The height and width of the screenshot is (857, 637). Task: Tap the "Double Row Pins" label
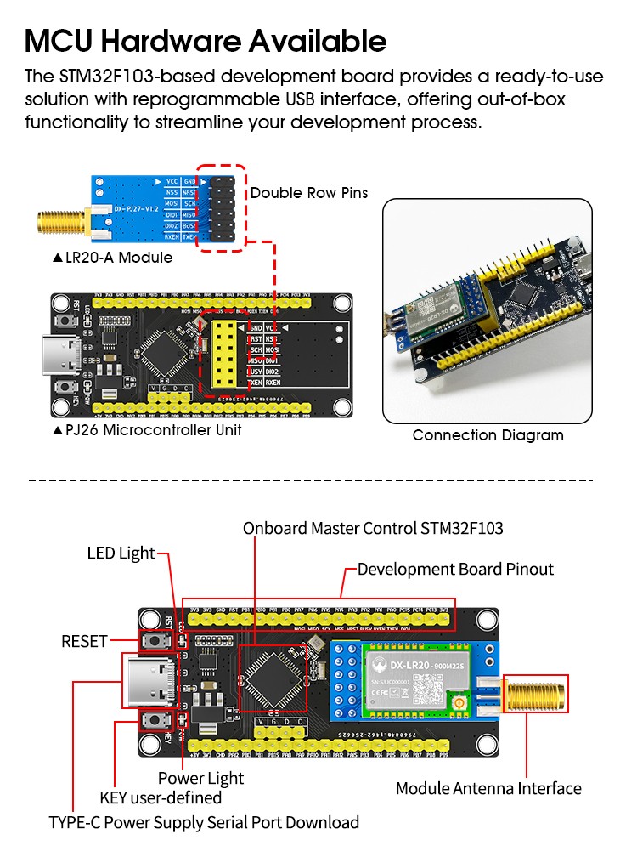tap(309, 193)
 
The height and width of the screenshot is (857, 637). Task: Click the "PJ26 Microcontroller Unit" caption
tap(147, 430)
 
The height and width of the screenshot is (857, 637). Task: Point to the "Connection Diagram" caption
tap(488, 435)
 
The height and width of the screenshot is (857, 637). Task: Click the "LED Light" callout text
tap(121, 553)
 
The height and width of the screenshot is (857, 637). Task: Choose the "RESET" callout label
tap(84, 641)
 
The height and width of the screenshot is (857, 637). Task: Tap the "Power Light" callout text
tap(200, 778)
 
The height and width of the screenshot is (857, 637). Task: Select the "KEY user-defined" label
tap(161, 797)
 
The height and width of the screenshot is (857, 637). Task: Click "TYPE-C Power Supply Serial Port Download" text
tap(204, 822)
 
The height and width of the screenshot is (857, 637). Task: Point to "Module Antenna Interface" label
tap(488, 788)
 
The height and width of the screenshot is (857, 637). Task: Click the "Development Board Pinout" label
tap(455, 569)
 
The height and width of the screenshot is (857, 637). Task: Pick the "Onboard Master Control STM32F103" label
tap(373, 528)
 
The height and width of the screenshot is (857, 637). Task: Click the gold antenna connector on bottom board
tap(536, 693)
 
